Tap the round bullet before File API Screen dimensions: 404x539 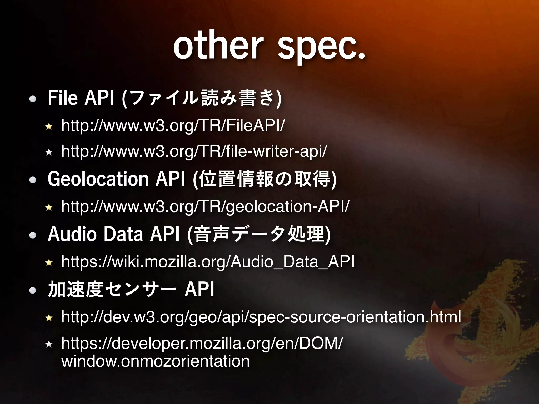pos(33,99)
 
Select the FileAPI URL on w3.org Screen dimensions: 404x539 pos(173,125)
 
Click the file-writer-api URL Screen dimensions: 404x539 pos(194,151)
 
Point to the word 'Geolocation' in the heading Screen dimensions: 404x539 pos(98,179)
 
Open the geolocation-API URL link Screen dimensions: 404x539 pos(205,206)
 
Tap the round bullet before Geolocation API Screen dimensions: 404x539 pos(33,180)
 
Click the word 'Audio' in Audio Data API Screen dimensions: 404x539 pos(72,234)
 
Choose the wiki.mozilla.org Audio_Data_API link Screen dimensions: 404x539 pos(208,262)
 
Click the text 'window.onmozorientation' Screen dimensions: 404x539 pos(155,361)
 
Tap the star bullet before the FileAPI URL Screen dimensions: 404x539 pos(49,127)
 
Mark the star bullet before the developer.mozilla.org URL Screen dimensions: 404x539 pos(49,344)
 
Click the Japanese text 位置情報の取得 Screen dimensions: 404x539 pos(264,179)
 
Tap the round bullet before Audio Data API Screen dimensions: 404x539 pos(33,235)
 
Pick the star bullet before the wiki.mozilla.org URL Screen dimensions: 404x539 pos(49,262)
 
